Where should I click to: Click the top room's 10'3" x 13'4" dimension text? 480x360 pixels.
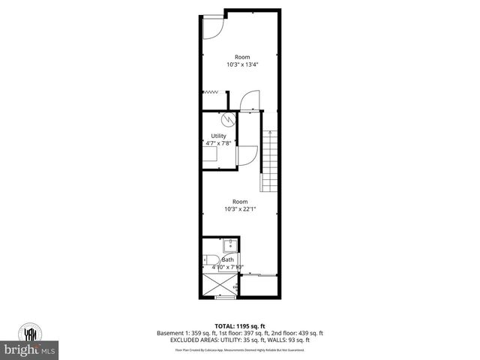(x=242, y=64)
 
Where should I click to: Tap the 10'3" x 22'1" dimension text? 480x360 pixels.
(x=240, y=208)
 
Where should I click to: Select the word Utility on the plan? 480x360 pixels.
(x=218, y=136)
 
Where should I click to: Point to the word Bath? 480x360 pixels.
(x=226, y=259)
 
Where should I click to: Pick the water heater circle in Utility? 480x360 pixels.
(x=226, y=119)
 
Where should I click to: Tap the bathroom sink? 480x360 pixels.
(x=229, y=245)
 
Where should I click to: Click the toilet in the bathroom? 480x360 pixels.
(x=208, y=260)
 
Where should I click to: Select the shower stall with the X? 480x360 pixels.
(x=220, y=285)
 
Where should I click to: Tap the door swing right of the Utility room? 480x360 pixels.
(x=247, y=155)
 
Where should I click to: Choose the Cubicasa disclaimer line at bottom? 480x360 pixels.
(x=240, y=349)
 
